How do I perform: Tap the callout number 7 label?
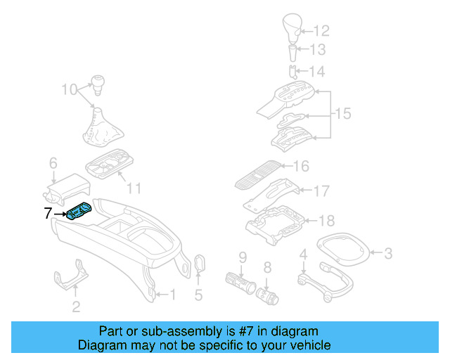[x=48, y=213]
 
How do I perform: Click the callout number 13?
[x=320, y=50]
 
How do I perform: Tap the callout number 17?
[x=321, y=190]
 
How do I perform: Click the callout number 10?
[x=69, y=89]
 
